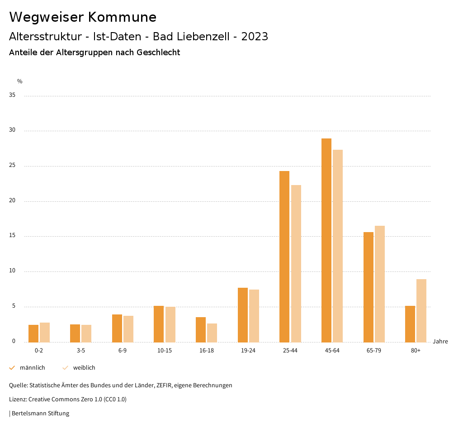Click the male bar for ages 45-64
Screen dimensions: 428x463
click(326, 240)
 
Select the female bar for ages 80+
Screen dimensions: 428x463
click(421, 310)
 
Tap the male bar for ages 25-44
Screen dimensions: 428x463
click(284, 257)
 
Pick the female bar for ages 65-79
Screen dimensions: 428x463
click(380, 284)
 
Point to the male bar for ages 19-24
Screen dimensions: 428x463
click(243, 315)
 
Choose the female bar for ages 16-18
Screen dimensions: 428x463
click(212, 333)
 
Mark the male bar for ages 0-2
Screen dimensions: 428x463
click(33, 333)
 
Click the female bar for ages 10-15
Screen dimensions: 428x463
click(170, 324)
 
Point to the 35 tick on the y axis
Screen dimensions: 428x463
click(12, 95)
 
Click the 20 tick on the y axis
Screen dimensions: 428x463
click(12, 201)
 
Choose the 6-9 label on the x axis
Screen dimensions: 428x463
click(123, 351)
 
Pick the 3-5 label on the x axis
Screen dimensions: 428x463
click(81, 351)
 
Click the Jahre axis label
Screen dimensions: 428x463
click(440, 342)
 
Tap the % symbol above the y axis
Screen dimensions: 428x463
click(20, 81)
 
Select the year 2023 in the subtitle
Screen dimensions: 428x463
click(255, 37)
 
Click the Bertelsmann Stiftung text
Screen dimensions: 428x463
click(41, 414)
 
